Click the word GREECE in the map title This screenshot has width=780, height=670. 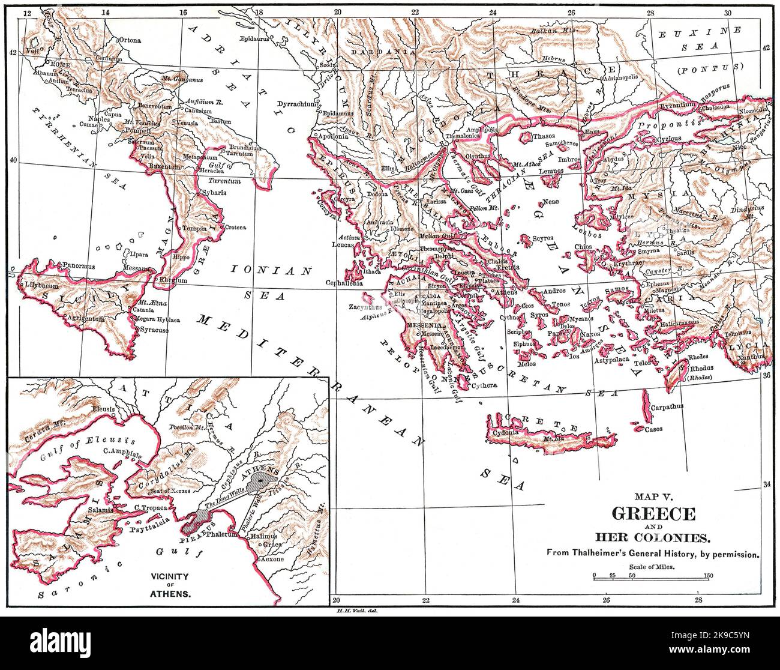click(653, 514)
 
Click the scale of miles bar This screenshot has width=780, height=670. click(652, 576)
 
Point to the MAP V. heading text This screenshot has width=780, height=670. click(653, 496)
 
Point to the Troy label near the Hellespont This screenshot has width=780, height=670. click(600, 181)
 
